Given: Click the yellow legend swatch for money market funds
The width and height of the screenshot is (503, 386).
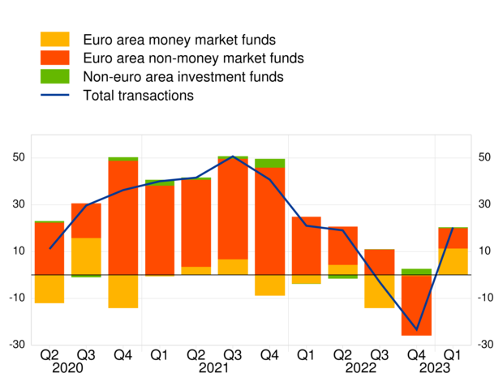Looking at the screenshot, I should click(55, 40).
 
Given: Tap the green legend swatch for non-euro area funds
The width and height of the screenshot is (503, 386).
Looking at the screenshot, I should click(55, 77).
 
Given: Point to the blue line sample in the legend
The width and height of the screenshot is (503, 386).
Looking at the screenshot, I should click(55, 96).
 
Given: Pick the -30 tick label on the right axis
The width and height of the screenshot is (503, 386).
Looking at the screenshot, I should click(485, 345).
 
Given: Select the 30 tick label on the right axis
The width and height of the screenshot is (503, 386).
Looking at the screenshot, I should click(485, 204).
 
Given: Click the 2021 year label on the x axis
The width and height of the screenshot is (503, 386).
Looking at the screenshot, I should click(213, 369).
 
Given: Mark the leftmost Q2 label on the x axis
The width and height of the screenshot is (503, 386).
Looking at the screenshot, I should click(49, 355).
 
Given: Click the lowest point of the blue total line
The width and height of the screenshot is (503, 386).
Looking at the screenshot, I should click(417, 330).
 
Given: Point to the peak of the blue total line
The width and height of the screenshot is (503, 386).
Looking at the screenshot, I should click(233, 157).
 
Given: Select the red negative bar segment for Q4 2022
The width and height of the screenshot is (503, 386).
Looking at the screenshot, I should click(416, 305).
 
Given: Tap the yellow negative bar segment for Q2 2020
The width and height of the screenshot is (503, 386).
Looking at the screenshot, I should click(49, 289).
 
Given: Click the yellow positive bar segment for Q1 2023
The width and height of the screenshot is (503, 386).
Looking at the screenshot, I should click(453, 261).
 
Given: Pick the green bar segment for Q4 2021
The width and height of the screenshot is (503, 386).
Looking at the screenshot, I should click(269, 163).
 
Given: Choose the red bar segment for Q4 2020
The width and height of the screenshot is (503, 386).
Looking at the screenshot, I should click(123, 217).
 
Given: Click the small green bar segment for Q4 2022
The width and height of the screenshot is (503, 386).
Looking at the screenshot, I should click(416, 272).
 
